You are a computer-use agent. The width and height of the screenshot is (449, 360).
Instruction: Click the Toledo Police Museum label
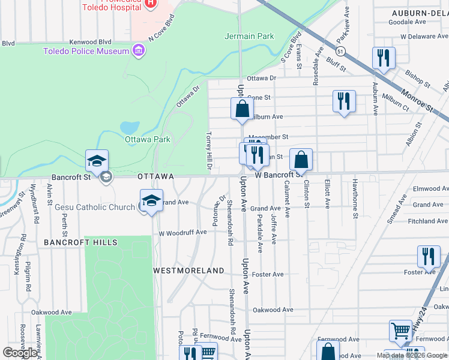(86, 51)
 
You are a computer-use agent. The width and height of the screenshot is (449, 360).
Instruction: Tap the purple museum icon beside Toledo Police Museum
(139, 50)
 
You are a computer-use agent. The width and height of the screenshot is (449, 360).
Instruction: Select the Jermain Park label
(249, 36)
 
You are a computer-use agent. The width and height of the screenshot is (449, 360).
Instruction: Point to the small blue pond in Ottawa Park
(130, 128)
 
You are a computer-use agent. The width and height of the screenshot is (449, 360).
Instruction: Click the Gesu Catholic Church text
(95, 207)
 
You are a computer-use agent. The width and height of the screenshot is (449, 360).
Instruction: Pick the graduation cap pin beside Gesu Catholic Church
(151, 201)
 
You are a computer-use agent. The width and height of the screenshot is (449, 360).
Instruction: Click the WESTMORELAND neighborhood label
(188, 271)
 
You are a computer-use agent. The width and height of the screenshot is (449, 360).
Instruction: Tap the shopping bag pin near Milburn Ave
(241, 109)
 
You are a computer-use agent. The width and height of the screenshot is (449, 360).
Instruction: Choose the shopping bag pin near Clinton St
(301, 160)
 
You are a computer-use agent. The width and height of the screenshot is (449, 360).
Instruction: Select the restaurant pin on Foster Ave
(429, 257)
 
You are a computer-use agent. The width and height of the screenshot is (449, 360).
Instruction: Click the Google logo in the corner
(20, 353)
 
